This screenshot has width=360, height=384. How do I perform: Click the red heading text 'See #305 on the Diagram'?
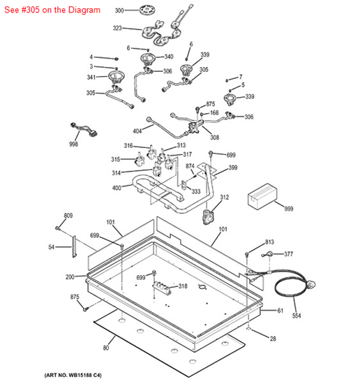(x=51, y=10)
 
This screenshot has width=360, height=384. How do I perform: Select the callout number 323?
(x=118, y=29)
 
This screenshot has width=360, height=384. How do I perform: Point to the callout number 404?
(x=137, y=131)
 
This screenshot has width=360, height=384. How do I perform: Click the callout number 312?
(x=224, y=198)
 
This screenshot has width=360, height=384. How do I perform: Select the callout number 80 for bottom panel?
(x=107, y=348)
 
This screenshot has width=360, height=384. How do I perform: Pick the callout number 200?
(x=70, y=277)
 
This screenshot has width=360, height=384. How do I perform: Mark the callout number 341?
(x=91, y=77)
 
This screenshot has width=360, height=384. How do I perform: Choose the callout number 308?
(x=214, y=138)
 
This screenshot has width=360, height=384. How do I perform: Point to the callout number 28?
(x=273, y=339)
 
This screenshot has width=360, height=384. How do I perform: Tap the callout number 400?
(x=117, y=188)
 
